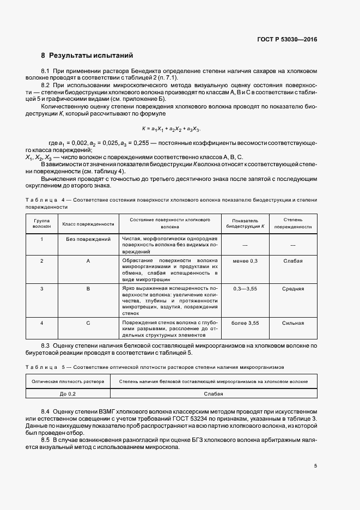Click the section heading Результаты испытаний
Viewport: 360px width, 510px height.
point(91,56)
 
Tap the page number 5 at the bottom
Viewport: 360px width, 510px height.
point(316,466)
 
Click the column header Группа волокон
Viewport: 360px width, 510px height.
point(41,223)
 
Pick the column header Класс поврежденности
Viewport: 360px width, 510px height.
point(88,223)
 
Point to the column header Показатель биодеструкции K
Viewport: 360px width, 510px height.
point(245,223)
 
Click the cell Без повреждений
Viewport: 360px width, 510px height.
point(88,239)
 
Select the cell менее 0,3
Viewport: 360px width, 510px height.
point(245,261)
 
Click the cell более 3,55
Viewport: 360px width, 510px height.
point(245,323)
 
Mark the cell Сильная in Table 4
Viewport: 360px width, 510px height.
point(292,323)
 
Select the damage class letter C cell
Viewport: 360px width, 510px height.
point(88,323)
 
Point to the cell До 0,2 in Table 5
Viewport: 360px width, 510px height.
point(68,393)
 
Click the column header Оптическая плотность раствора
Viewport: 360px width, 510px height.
point(68,381)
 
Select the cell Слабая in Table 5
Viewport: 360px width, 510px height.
point(213,393)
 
